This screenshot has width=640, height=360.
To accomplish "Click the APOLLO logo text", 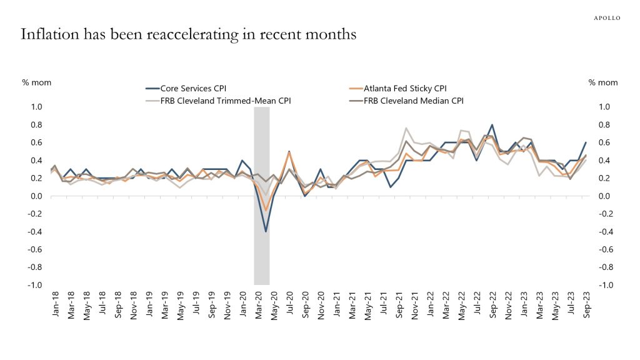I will (606, 18).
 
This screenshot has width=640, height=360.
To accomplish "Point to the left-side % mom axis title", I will (37, 82).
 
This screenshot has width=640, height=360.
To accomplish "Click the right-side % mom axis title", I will (603, 82).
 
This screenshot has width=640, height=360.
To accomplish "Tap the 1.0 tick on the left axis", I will (36, 107).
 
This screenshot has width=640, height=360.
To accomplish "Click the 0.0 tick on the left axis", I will (36, 196).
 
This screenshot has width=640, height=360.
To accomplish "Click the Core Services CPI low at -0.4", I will (266, 231).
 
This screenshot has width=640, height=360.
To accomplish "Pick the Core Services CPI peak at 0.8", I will (492, 125).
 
